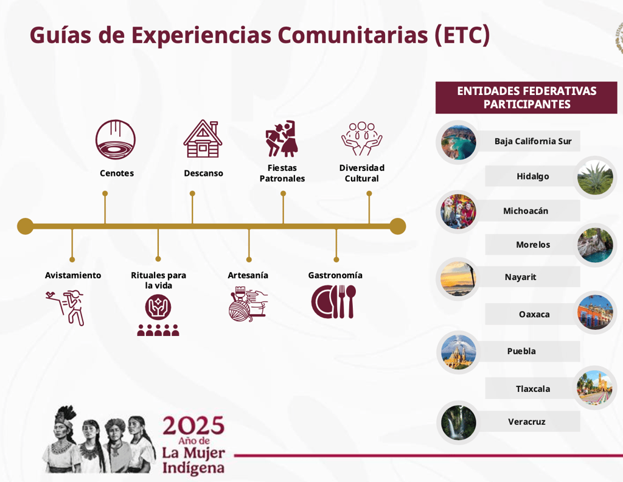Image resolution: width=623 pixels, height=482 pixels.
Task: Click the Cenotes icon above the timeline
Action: point(116,139)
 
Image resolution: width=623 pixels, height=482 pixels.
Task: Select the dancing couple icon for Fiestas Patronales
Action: point(282,139)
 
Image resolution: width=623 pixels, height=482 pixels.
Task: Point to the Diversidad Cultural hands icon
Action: point(361,139)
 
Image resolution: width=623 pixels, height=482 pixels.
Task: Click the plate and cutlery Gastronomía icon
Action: point(334,302)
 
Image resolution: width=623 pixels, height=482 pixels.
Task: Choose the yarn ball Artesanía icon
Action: point(248,304)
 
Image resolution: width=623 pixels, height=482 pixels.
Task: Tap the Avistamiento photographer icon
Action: point(66,307)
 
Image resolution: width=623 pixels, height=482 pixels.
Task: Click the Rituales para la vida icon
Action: point(158,315)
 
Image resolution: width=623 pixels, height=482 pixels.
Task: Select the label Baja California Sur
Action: point(533,141)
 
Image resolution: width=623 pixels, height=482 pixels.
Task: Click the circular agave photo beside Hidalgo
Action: point(595,178)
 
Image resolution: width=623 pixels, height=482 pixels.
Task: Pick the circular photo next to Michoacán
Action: point(458,211)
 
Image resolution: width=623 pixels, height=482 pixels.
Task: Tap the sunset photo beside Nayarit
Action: point(458,279)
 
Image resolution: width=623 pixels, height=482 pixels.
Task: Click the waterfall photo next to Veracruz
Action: point(458,422)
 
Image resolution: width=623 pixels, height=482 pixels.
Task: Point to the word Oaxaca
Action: point(534,314)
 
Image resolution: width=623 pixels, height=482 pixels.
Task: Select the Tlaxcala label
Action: point(533,389)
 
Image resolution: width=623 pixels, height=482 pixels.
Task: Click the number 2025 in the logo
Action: point(193,426)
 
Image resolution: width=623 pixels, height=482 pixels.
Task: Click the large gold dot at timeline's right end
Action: point(397,226)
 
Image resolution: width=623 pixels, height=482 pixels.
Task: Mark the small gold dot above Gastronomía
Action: point(336,259)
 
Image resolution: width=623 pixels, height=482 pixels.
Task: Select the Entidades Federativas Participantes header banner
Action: point(526,98)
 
